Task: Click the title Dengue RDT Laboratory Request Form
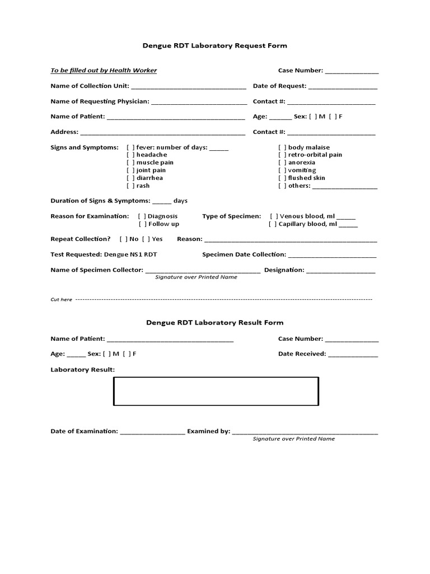click(214, 45)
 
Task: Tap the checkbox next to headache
click(130, 155)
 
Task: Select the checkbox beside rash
click(130, 186)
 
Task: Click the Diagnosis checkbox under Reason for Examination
click(142, 216)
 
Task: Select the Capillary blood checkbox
click(273, 224)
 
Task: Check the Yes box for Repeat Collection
click(146, 239)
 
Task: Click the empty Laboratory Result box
click(216, 391)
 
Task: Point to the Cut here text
click(61, 300)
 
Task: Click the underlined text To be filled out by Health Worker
click(104, 70)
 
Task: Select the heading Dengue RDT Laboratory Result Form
click(214, 322)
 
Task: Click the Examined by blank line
click(305, 433)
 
